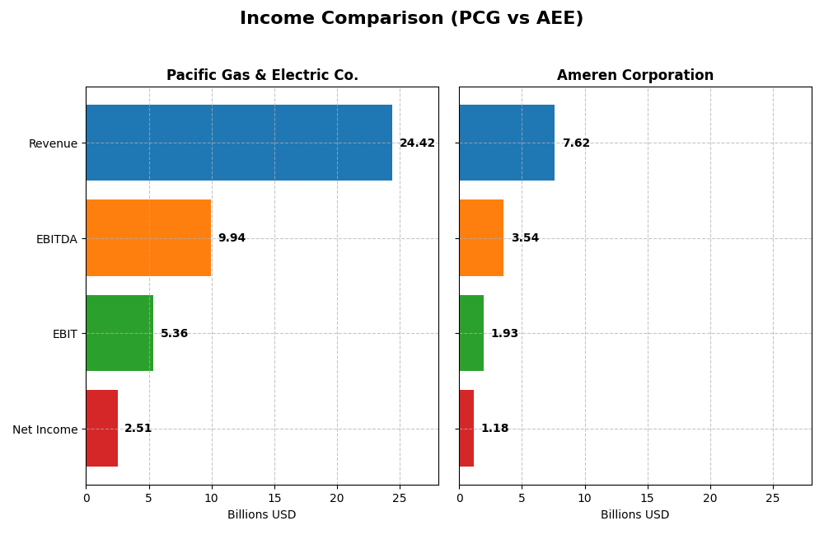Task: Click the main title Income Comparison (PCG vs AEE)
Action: tap(411, 18)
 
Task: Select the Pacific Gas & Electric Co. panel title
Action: tap(262, 75)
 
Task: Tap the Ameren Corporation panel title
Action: tap(634, 75)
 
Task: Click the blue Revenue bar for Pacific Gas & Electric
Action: tap(239, 143)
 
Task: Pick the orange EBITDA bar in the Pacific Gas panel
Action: tap(148, 237)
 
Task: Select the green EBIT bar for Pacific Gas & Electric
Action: tap(119, 333)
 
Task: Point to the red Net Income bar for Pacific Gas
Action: tap(101, 428)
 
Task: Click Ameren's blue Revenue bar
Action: tap(507, 143)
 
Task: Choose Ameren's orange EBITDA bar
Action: tap(481, 237)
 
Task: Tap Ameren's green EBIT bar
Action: tap(471, 333)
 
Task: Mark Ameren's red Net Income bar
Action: tap(466, 428)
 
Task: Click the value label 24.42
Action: tap(417, 143)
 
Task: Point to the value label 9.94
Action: tap(232, 238)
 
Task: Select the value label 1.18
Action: tap(494, 429)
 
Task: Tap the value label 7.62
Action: tap(576, 143)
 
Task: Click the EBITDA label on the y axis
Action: tap(56, 239)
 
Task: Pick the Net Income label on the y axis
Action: tap(44, 429)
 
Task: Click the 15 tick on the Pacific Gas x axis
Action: tap(274, 498)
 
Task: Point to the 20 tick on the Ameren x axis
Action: tap(709, 498)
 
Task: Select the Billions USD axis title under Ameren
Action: tap(634, 514)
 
